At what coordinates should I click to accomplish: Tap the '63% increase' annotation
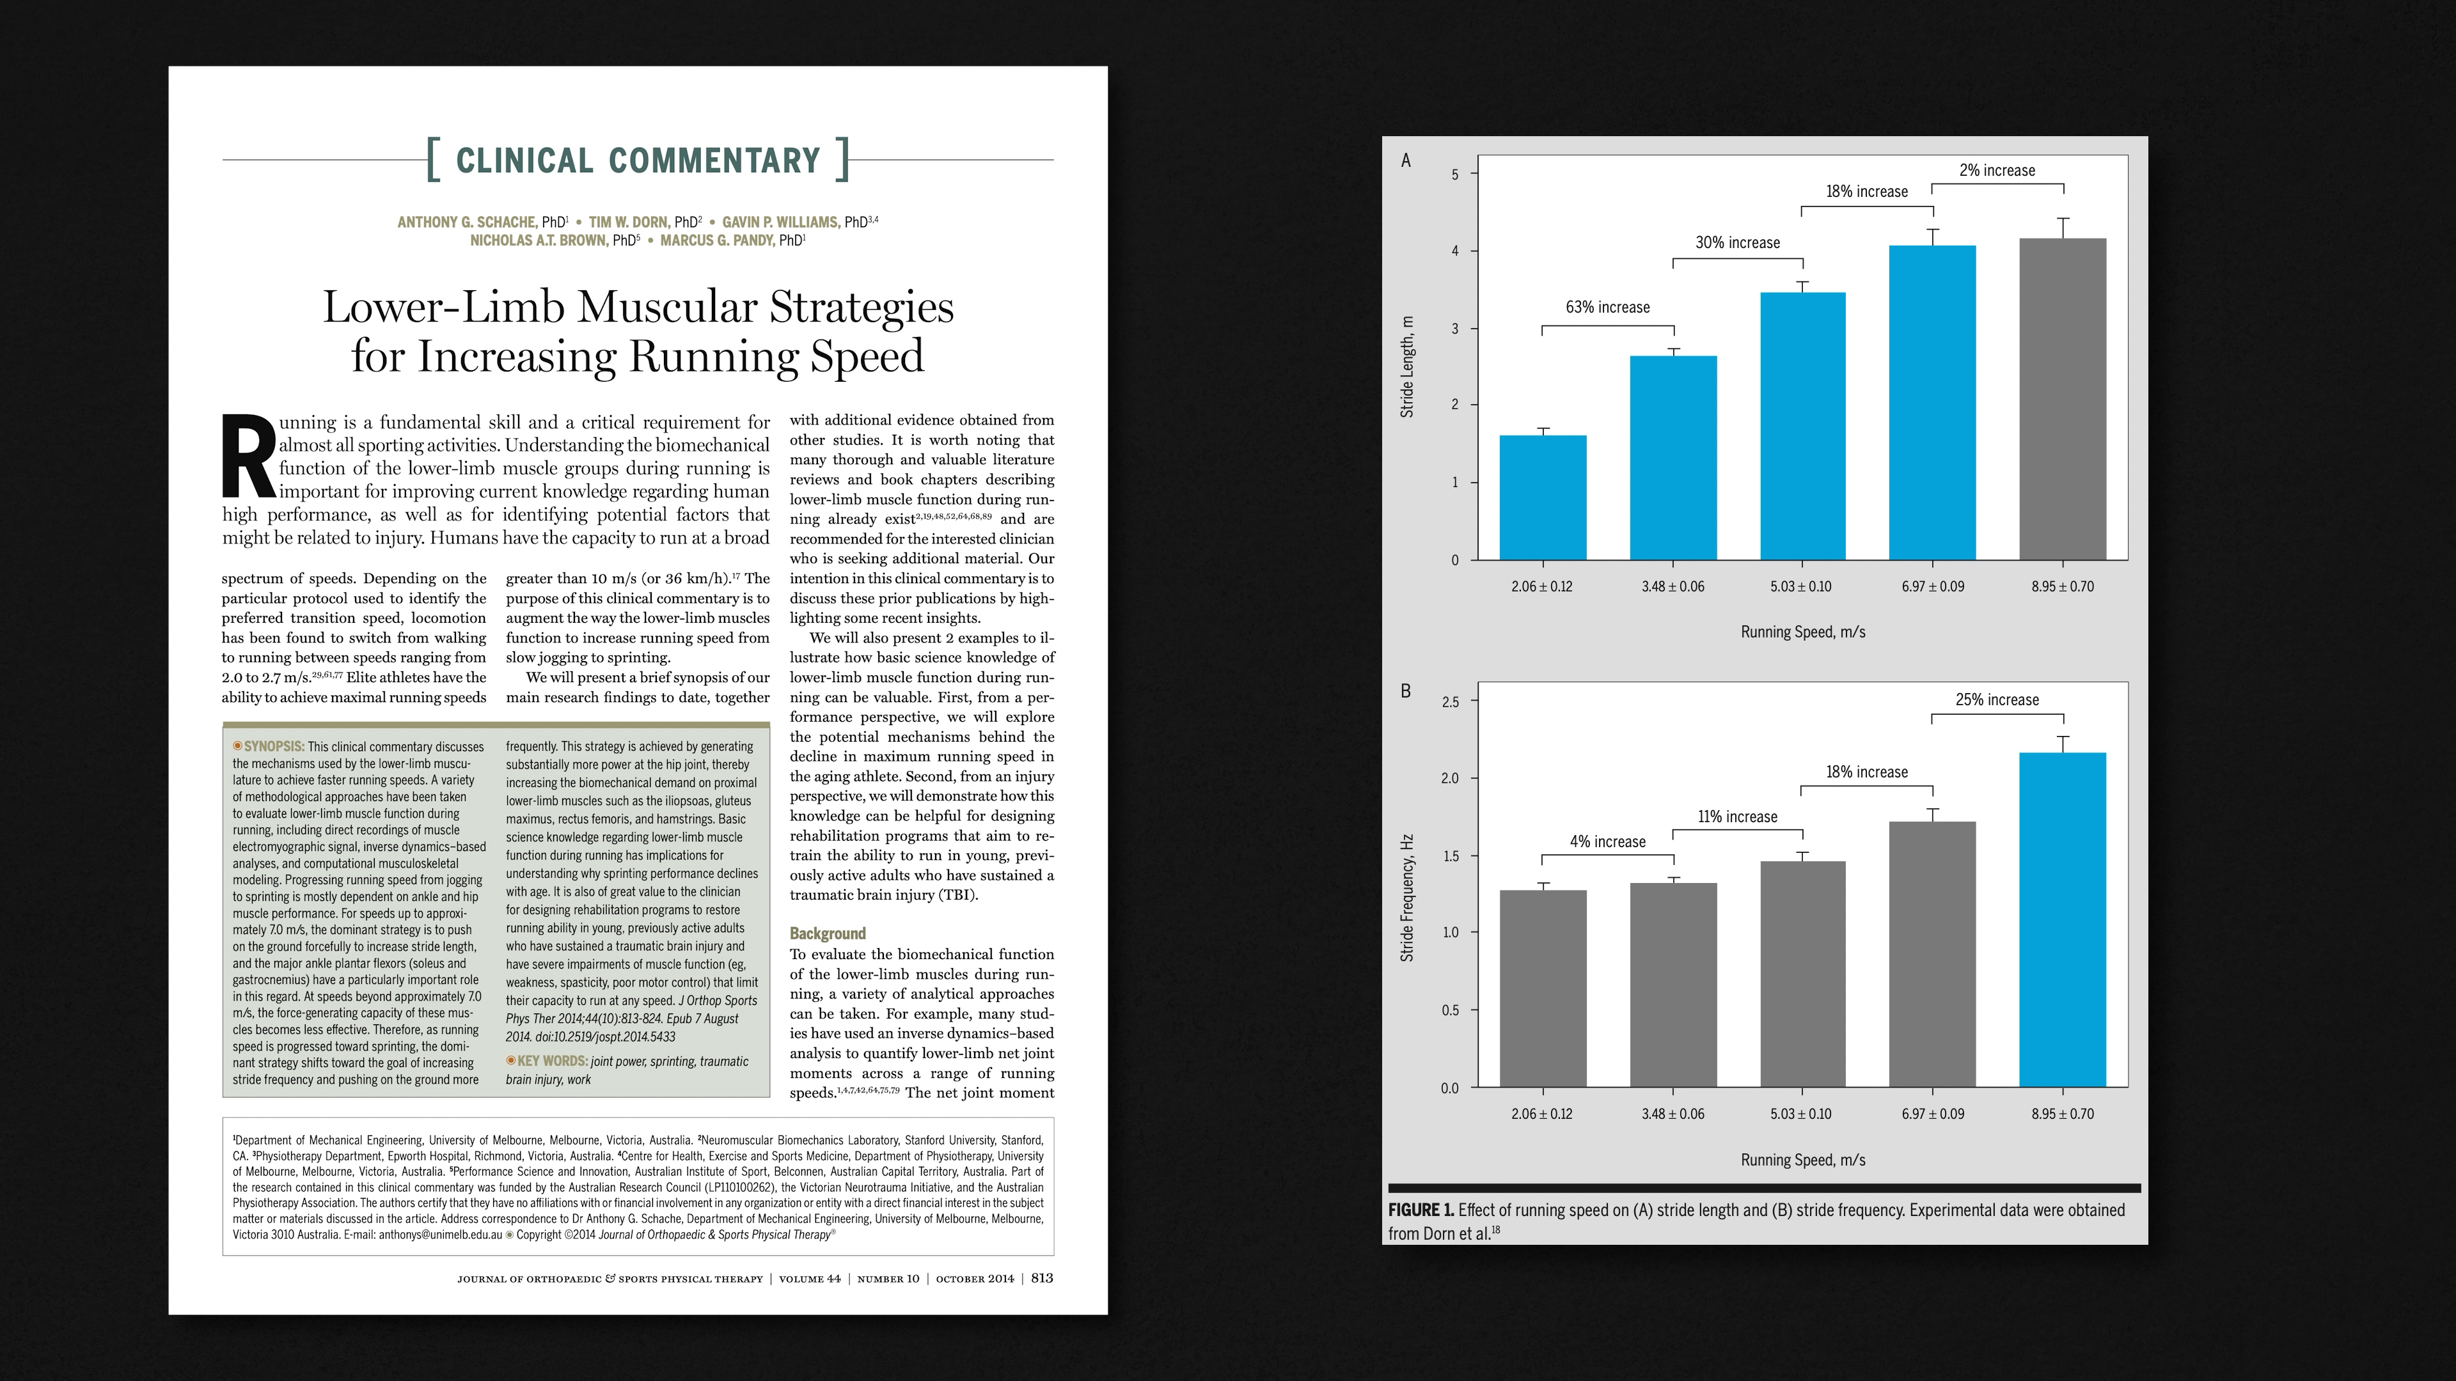pos(1607,308)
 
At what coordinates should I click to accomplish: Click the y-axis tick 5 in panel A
pos(1455,175)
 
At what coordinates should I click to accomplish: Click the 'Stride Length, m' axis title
pos(1407,367)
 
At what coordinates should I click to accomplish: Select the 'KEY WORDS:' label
pos(552,1061)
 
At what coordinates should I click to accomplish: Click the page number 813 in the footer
pos(1041,1278)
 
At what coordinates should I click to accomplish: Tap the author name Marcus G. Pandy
pos(717,241)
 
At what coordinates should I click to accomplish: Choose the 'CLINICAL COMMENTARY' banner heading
pos(638,160)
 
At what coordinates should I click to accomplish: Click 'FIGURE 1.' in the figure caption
pos(1421,1210)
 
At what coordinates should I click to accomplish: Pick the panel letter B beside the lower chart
pos(1405,691)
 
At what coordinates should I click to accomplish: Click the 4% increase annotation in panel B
pos(1607,841)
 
